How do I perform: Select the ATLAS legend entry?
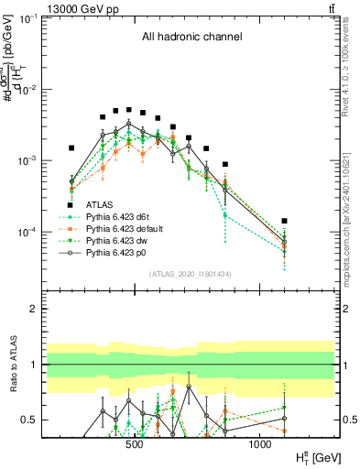pos(98,205)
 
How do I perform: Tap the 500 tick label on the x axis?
pos(134,444)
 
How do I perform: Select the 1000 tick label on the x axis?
pos(260,444)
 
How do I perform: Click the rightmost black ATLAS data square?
pos(285,221)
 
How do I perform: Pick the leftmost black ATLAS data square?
pos(71,147)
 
